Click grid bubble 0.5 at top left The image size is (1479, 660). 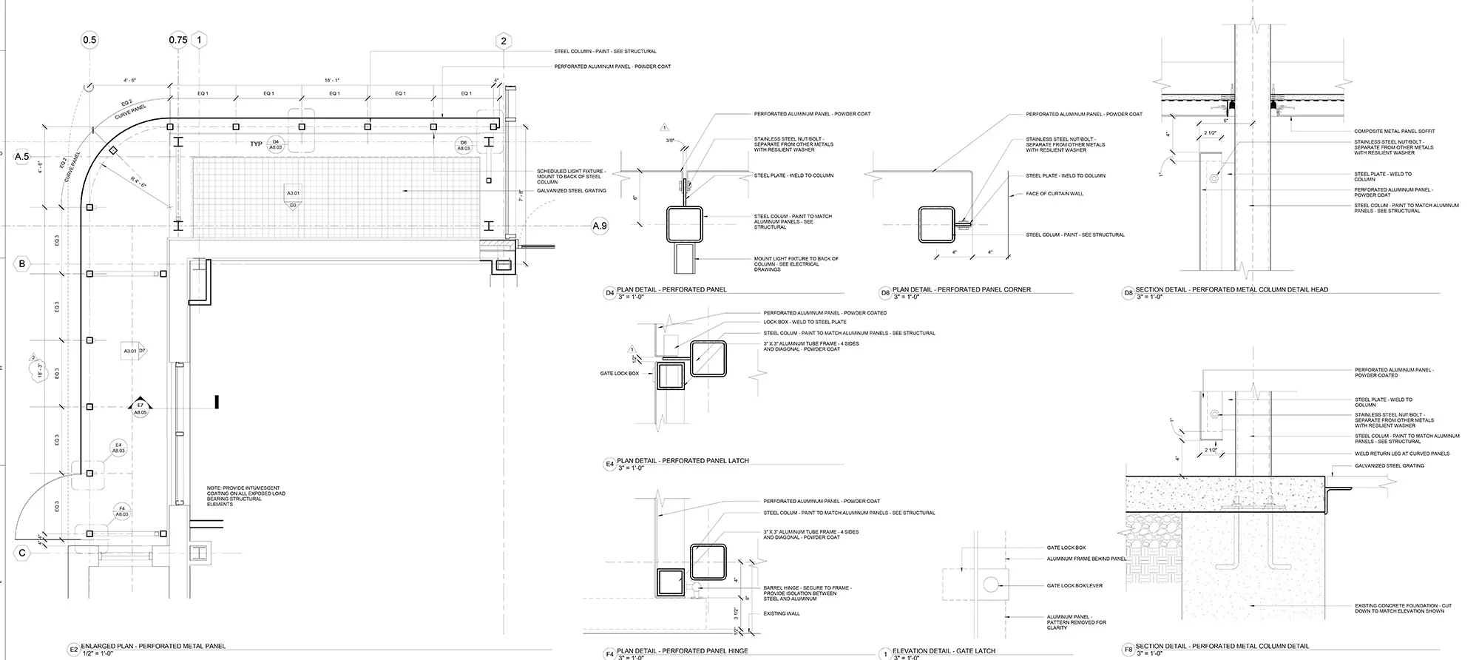(89, 40)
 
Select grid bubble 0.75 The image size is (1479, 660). (178, 40)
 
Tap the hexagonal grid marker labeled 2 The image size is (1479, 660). (504, 41)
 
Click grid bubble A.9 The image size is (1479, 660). (600, 226)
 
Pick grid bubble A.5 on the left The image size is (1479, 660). (22, 156)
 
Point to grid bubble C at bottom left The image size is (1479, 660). (22, 553)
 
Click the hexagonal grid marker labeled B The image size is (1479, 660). (22, 264)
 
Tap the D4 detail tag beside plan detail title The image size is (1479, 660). (610, 293)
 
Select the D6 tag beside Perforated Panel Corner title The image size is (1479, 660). (885, 293)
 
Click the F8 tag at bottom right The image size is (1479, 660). (1128, 650)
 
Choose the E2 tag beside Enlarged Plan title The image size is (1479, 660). (73, 650)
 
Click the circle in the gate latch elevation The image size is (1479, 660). (990, 585)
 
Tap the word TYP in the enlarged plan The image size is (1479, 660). (256, 144)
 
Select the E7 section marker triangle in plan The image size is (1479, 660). (140, 405)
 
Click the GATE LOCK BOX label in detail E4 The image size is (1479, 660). (620, 374)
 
